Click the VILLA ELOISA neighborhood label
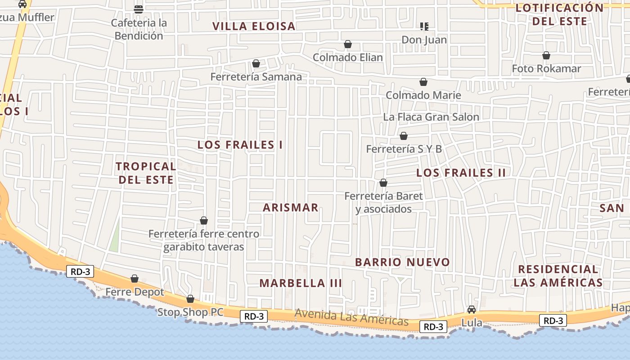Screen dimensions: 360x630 pyautogui.click(x=254, y=26)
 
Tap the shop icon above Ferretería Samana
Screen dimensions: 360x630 pyautogui.click(x=256, y=64)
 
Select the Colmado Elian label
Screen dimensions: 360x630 pyautogui.click(x=347, y=58)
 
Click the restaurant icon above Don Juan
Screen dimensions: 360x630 pyautogui.click(x=424, y=27)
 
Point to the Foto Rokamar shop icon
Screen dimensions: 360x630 pyautogui.click(x=546, y=55)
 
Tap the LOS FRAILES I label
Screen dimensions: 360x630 pyautogui.click(x=240, y=145)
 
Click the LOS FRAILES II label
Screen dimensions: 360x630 pyautogui.click(x=461, y=173)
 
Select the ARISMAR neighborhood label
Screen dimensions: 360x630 pyautogui.click(x=291, y=207)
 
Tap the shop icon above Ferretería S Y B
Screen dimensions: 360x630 pyautogui.click(x=404, y=136)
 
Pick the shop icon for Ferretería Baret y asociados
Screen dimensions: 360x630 pyautogui.click(x=383, y=183)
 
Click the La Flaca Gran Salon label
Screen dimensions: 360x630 pyautogui.click(x=431, y=117)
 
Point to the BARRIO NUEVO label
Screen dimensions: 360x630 pyautogui.click(x=402, y=262)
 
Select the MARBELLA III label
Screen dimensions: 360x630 pyautogui.click(x=301, y=283)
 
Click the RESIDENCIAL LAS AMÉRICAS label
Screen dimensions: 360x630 pyautogui.click(x=558, y=276)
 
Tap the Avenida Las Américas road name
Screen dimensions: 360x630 pyautogui.click(x=351, y=318)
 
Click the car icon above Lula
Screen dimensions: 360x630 pyautogui.click(x=472, y=310)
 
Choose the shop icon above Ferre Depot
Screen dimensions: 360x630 pyautogui.click(x=135, y=279)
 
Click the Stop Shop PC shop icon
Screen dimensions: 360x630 pyautogui.click(x=190, y=299)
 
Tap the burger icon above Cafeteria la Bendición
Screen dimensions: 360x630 pyautogui.click(x=139, y=9)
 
